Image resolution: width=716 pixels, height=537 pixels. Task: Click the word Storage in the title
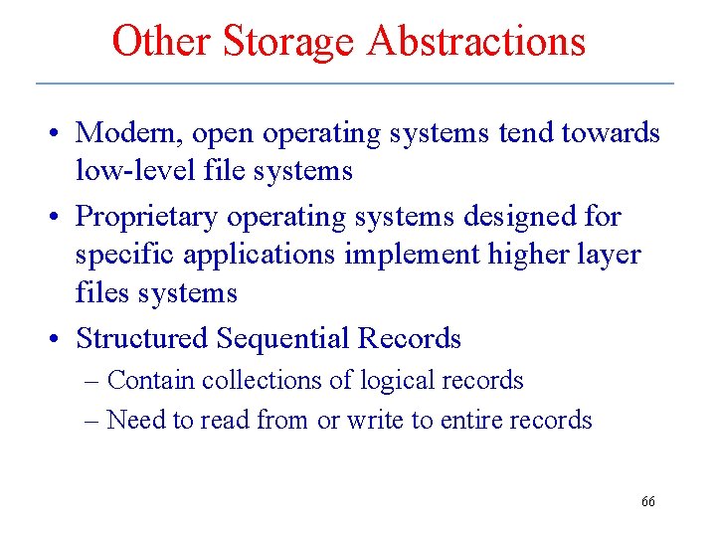pos(287,41)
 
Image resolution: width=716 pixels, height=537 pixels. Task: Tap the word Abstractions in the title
pos(476,41)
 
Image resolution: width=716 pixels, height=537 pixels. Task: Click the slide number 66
pos(647,502)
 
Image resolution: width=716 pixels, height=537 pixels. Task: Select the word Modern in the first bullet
pos(128,132)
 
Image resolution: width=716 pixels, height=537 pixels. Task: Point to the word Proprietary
pos(147,216)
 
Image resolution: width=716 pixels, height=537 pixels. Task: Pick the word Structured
pos(142,338)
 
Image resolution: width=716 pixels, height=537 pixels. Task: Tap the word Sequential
pos(282,338)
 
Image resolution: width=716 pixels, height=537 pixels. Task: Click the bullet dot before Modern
pos(62,133)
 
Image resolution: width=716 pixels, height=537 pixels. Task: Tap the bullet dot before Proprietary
pos(62,217)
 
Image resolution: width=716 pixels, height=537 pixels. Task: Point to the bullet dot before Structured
pos(62,339)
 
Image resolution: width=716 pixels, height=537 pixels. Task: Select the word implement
pos(410,255)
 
